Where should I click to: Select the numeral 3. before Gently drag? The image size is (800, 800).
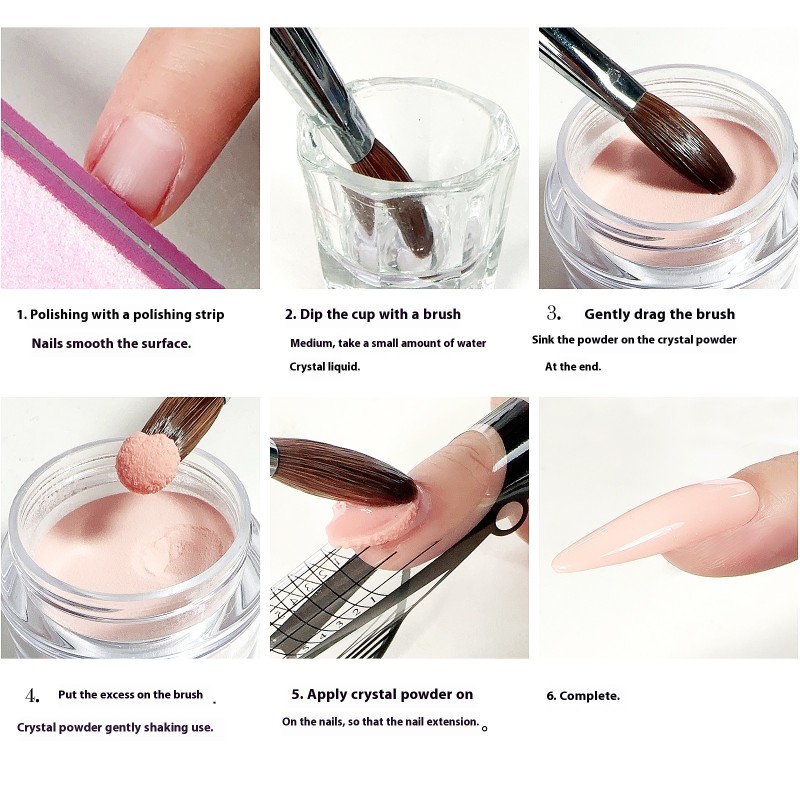pyautogui.click(x=555, y=314)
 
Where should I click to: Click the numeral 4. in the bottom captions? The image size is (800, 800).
pyautogui.click(x=33, y=695)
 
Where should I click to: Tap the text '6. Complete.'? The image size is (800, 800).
pyautogui.click(x=583, y=696)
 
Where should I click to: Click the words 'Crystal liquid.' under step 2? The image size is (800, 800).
pyautogui.click(x=324, y=367)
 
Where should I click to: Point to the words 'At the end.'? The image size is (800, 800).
pyautogui.click(x=573, y=367)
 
